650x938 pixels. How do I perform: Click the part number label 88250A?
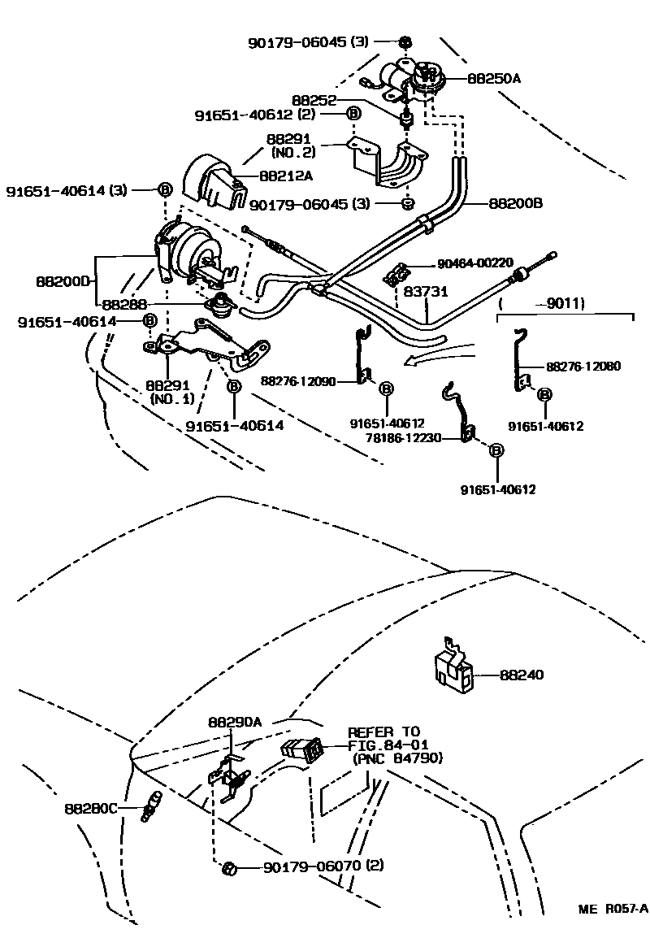(493, 79)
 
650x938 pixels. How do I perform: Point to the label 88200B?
(515, 204)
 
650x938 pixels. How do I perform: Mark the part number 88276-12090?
(299, 380)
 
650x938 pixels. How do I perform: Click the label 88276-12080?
(583, 367)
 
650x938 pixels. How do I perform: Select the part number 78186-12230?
(404, 438)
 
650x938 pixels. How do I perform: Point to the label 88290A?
(235, 721)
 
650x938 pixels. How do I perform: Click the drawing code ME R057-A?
(613, 909)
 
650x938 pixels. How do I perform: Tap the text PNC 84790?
(397, 758)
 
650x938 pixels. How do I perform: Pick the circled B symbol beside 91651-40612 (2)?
(353, 114)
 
